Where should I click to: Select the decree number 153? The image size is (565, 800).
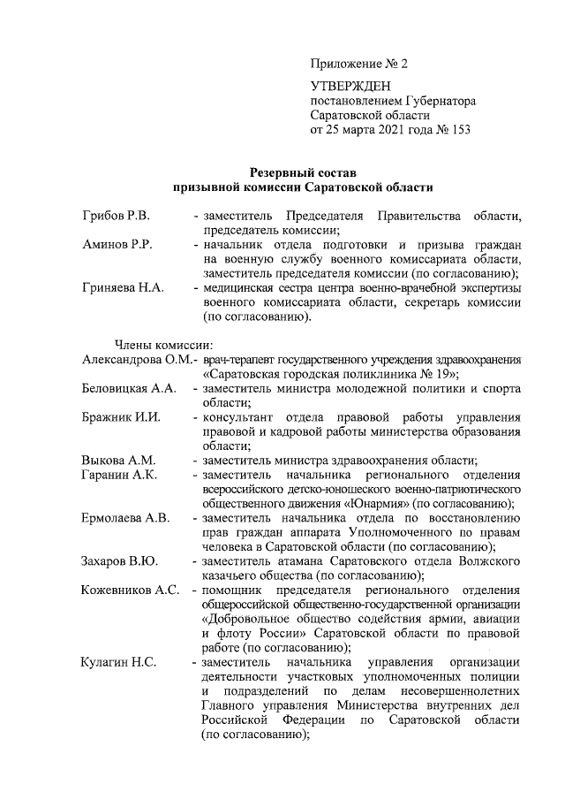click(x=460, y=130)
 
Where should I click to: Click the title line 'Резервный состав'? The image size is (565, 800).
click(x=303, y=172)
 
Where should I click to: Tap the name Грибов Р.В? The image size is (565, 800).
click(x=116, y=215)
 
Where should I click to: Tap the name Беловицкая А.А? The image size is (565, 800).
click(x=129, y=388)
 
